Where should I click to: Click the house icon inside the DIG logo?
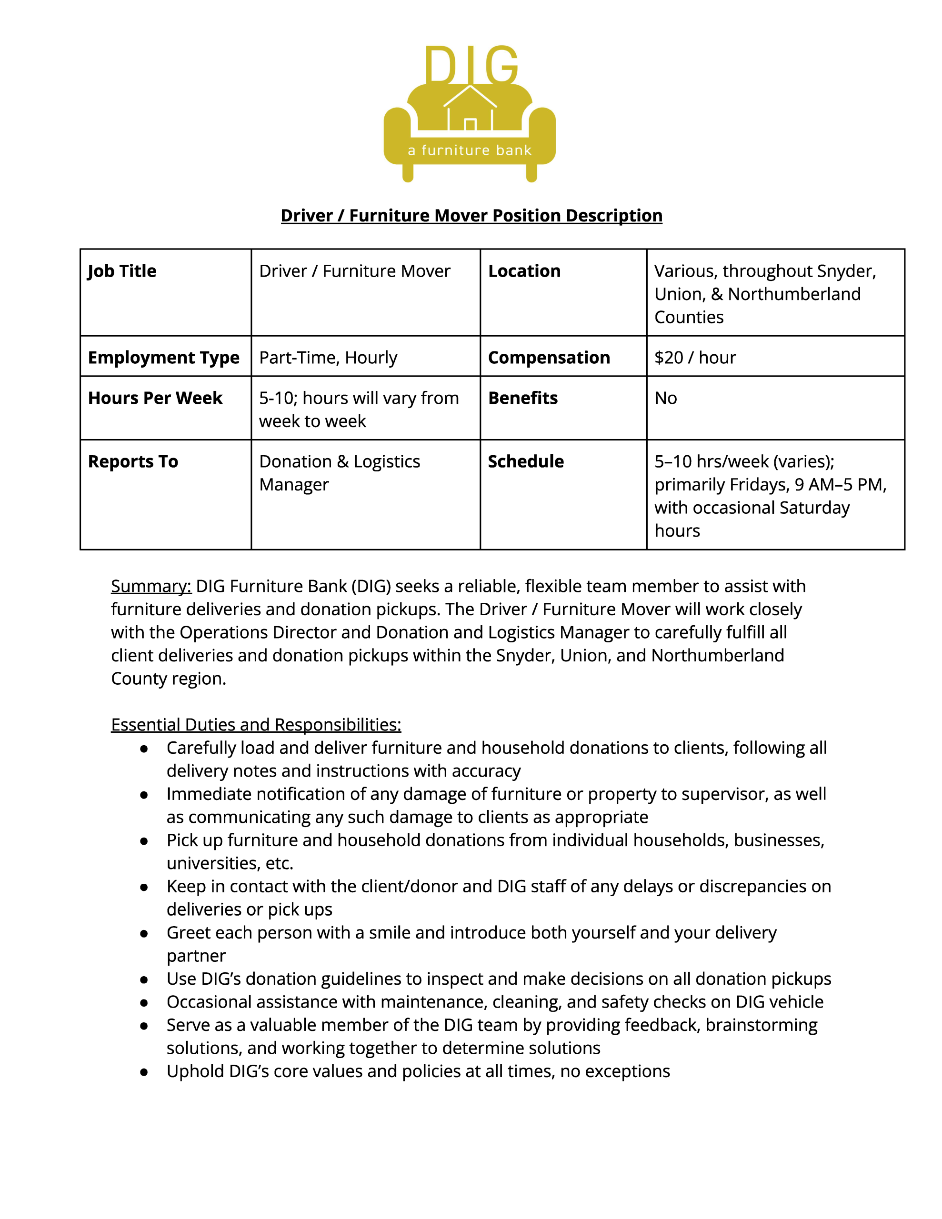[x=470, y=109]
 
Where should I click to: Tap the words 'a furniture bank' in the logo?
[x=470, y=150]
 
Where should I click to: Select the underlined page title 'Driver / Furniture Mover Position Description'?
[x=471, y=215]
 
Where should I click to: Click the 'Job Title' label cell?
[x=122, y=271]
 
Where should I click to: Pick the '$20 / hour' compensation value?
[x=695, y=357]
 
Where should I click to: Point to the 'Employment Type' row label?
[x=164, y=357]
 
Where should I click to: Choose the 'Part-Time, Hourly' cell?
[x=328, y=357]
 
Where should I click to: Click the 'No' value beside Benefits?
[x=666, y=398]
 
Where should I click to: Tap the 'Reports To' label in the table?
[x=133, y=461]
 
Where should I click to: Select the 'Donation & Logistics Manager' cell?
[x=340, y=473]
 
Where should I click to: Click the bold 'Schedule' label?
[x=525, y=461]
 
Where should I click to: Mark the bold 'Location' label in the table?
[x=524, y=271]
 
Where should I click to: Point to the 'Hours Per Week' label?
[x=155, y=398]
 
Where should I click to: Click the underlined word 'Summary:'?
[x=151, y=586]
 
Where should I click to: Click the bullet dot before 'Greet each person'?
[x=144, y=933]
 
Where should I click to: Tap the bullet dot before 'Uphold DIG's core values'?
[x=144, y=1072]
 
